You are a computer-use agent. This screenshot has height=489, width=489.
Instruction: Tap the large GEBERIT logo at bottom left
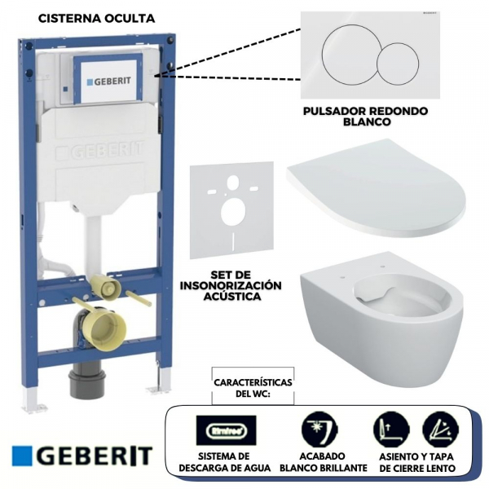(x=82, y=455)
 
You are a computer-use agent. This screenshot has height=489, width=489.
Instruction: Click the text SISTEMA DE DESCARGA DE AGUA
(x=226, y=462)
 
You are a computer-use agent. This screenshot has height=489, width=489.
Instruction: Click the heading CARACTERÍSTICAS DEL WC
(x=253, y=387)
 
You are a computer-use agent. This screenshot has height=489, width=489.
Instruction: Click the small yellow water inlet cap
(x=104, y=287)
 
